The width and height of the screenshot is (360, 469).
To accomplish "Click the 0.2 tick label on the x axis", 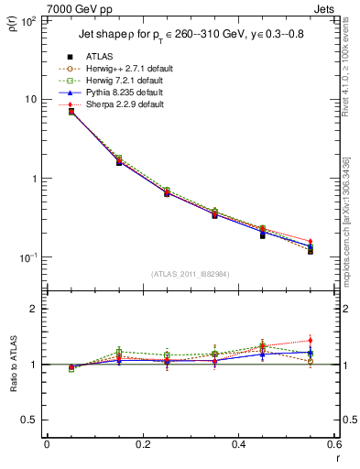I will pyautogui.click(x=142, y=446).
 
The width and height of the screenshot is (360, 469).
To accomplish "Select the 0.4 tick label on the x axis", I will pyautogui.click(x=238, y=446).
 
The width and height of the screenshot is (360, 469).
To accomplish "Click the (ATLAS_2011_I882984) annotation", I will pyautogui.click(x=190, y=274).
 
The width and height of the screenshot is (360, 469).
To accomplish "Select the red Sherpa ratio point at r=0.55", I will pyautogui.click(x=310, y=341).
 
